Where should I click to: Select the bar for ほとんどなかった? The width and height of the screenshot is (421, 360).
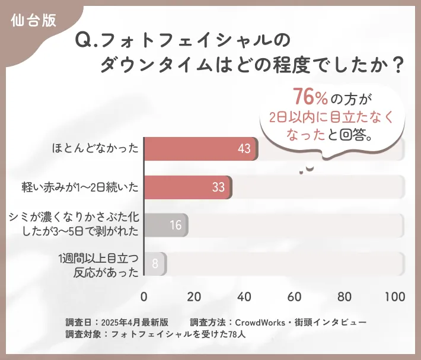[200, 149]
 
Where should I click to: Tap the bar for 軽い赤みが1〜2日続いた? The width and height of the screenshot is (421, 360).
[187, 187]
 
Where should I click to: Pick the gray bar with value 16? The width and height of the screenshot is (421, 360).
[165, 225]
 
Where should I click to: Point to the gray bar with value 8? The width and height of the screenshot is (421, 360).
[155, 263]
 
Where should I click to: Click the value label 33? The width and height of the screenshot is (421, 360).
[218, 187]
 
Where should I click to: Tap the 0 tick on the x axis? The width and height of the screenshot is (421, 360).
[144, 297]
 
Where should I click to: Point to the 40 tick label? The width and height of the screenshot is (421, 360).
[244, 297]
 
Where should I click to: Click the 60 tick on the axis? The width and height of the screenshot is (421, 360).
[294, 297]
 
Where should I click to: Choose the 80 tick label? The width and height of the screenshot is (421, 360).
[344, 297]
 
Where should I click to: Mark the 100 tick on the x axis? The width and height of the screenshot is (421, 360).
[394, 297]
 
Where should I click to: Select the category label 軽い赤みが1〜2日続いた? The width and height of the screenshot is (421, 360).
[80, 187]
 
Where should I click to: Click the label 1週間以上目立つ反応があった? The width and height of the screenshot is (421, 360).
[98, 265]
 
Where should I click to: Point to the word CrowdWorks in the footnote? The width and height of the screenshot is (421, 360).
[263, 322]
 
